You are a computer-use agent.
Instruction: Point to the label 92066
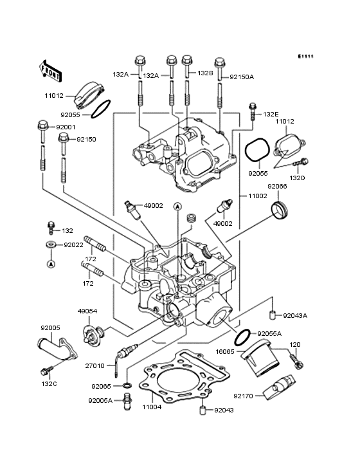point(277,186)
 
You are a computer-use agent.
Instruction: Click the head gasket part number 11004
point(152,407)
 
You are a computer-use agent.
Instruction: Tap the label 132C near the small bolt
point(49,383)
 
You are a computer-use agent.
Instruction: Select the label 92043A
point(296,315)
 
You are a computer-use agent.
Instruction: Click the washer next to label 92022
point(50,245)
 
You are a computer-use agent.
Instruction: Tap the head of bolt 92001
point(42,125)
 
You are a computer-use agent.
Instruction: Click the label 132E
point(271,114)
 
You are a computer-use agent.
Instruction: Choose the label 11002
point(256,195)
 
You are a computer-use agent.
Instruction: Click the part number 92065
point(101,386)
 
